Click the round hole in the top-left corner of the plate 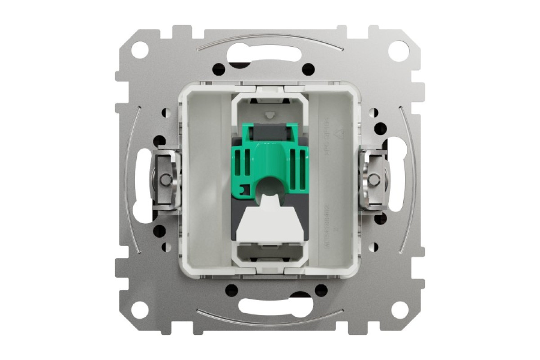(x=140, y=49)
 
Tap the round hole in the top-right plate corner (x=399, y=49)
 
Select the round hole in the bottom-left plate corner (x=140, y=310)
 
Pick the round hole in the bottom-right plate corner (x=399, y=310)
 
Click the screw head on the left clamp (x=166, y=180)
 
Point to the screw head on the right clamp (x=373, y=180)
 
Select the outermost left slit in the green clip (x=238, y=162)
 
